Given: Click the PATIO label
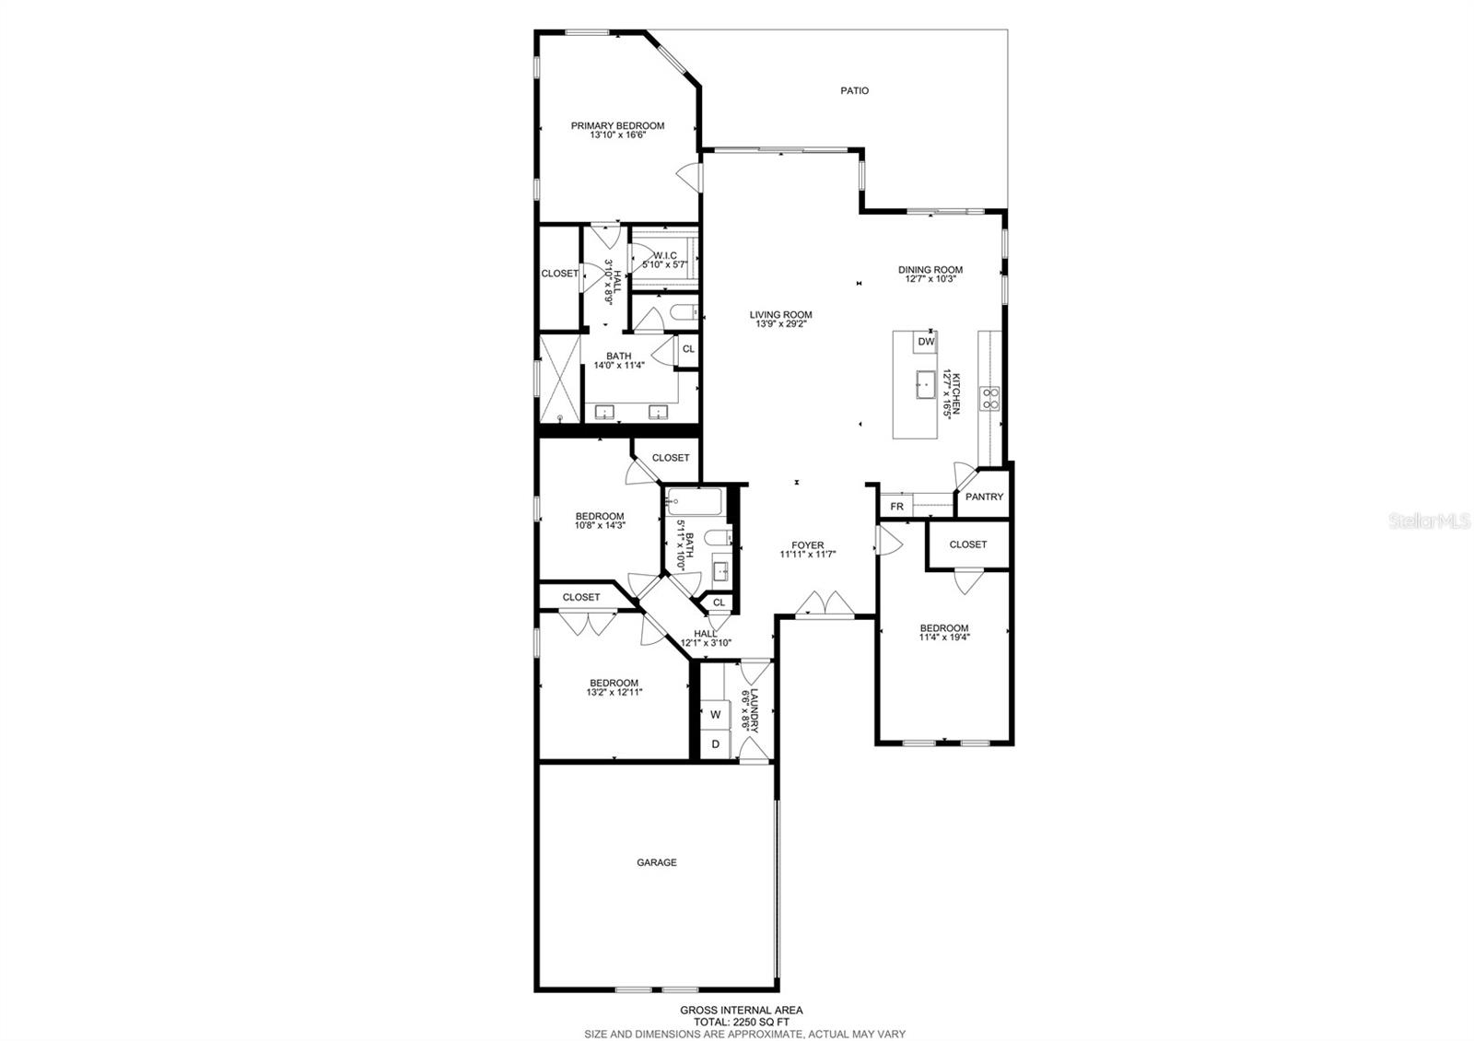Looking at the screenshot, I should tap(854, 90).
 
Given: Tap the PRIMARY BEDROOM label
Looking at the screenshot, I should tap(617, 126).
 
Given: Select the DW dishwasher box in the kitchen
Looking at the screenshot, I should tap(926, 342).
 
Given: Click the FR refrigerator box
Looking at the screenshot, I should tap(895, 507).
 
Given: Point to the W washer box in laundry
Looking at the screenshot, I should tap(715, 714).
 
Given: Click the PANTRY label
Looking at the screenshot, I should tap(984, 497).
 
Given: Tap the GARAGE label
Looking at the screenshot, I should tap(656, 863).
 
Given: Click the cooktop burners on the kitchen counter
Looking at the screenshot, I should tap(991, 398).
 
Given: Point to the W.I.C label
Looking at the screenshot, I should tap(665, 256).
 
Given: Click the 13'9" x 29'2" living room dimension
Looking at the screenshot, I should tap(780, 324).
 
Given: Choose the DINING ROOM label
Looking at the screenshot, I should tap(930, 270).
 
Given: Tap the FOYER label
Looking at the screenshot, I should tap(807, 545).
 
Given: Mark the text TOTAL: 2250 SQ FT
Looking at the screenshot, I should tap(741, 1022).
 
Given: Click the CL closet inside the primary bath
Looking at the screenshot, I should tap(687, 349).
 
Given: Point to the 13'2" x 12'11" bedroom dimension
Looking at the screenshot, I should tap(614, 693).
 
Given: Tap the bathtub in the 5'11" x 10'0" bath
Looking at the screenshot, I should tap(695, 502).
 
